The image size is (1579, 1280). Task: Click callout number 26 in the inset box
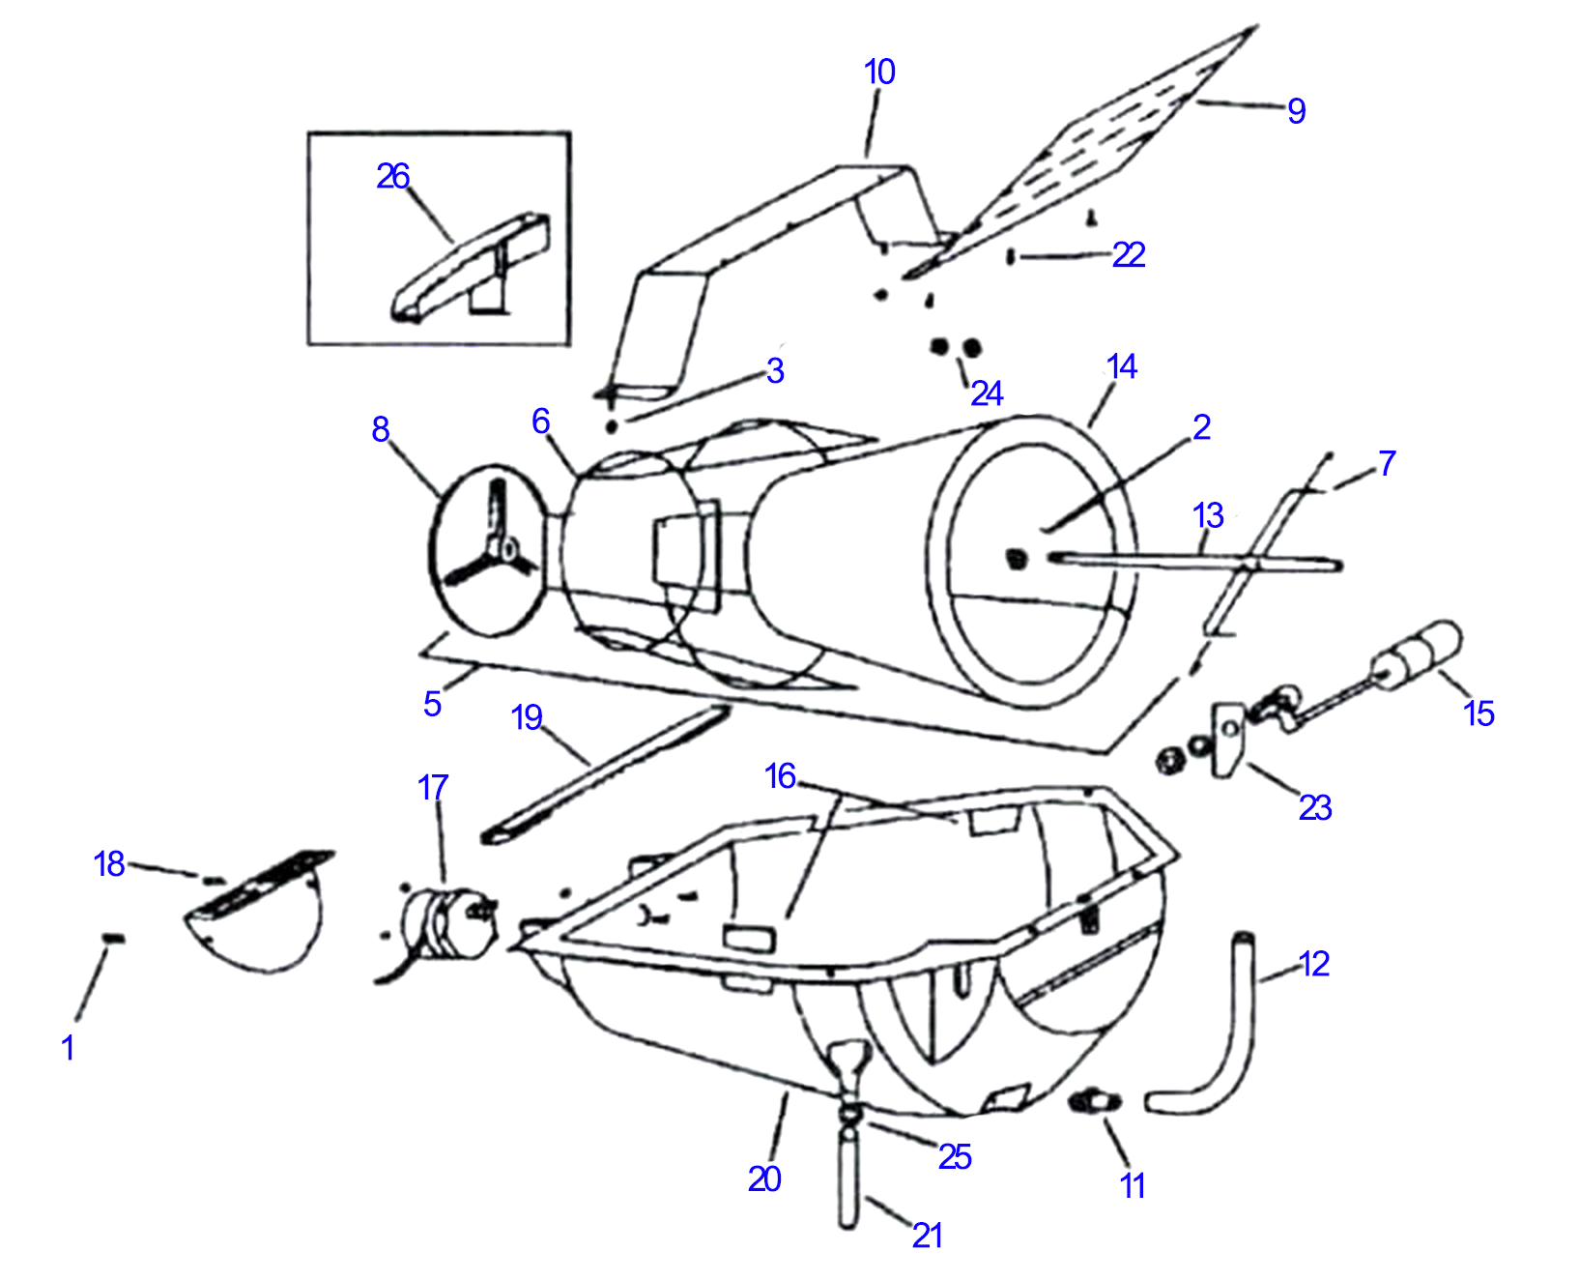tap(392, 176)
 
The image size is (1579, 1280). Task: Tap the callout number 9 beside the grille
tap(1296, 111)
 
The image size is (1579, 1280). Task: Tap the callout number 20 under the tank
tap(763, 1178)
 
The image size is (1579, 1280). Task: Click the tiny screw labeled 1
tap(114, 937)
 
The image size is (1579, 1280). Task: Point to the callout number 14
tap(1121, 366)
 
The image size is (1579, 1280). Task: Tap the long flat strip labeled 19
tap(604, 773)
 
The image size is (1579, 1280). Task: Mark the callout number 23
tap(1314, 807)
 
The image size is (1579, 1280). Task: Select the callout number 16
tap(780, 775)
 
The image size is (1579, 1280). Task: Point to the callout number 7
tap(1387, 463)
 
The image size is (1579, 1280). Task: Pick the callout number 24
tap(987, 393)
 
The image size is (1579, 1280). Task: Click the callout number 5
tap(432, 704)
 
